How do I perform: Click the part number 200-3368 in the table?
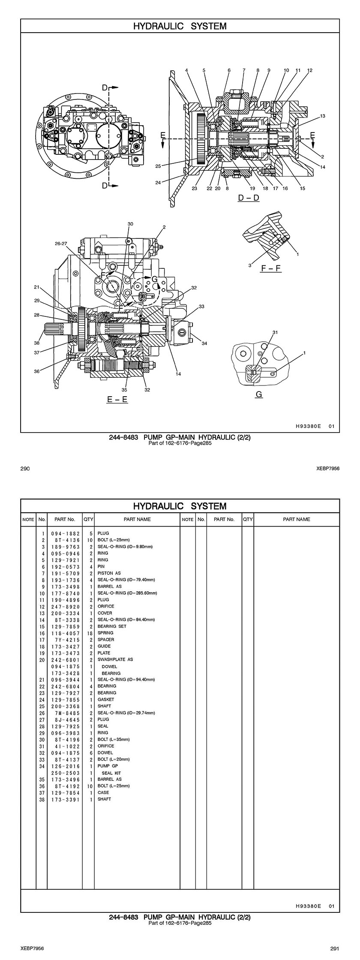[x=65, y=706]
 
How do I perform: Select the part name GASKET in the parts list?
[x=106, y=699]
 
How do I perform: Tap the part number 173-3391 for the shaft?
[x=65, y=799]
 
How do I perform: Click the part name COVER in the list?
[x=105, y=613]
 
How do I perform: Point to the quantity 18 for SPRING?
[x=88, y=633]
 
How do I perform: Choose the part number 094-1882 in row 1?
[x=65, y=533]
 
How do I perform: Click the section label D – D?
[x=249, y=198]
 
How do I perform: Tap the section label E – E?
[x=117, y=399]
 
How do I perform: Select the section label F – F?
[x=271, y=268]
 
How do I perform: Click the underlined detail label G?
[x=259, y=394]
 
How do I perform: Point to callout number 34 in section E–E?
[x=204, y=343]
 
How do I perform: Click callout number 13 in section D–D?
[x=322, y=116]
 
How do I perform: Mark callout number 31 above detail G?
[x=275, y=332]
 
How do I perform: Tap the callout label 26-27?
[x=61, y=243]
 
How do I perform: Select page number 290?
[x=25, y=469]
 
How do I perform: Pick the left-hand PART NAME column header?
[x=137, y=519]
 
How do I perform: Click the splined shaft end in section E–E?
[x=51, y=331]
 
